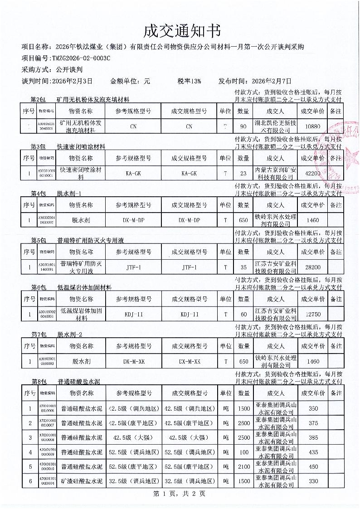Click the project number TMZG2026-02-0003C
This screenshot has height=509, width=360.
coord(81,58)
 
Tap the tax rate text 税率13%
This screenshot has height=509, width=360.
coord(189,81)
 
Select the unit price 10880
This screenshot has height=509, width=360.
coord(312,126)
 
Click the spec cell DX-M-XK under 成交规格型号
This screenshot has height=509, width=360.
coord(189,362)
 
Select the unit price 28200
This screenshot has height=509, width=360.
coord(312,267)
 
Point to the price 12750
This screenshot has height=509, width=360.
coord(312,315)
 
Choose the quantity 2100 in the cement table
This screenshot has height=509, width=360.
coord(243,466)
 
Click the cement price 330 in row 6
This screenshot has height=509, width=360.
coord(312,481)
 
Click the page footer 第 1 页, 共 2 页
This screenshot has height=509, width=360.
coord(180,494)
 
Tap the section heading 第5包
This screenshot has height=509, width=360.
coord(39,240)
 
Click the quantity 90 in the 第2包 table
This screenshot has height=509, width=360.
coord(243,126)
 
